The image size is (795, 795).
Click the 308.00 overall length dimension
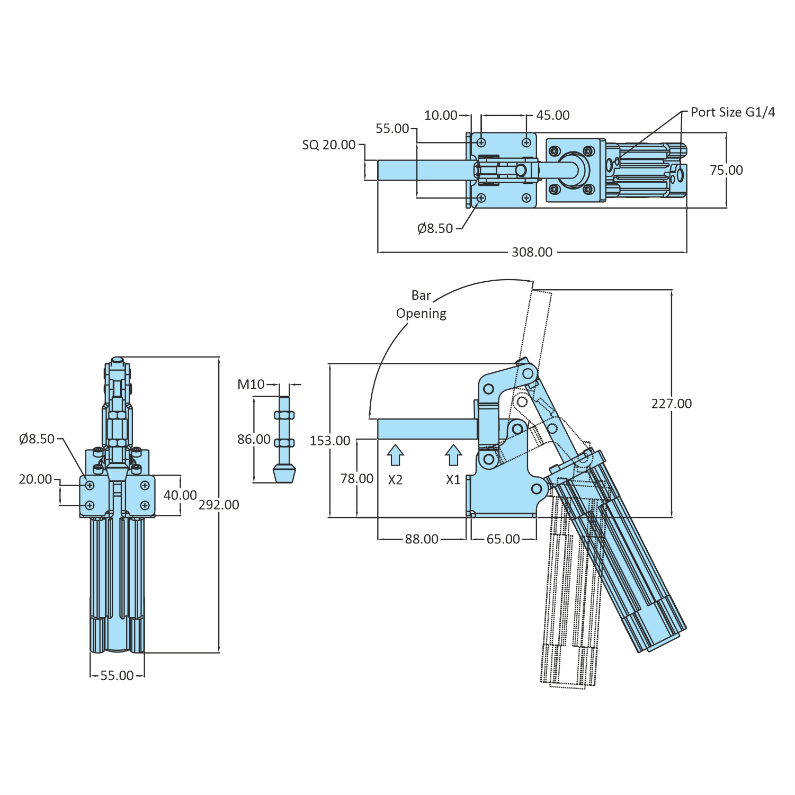click(532, 252)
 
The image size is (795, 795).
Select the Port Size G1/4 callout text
click(733, 112)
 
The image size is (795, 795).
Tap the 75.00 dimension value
click(726, 170)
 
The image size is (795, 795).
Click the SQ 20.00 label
click(329, 145)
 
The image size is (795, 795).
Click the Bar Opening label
click(421, 305)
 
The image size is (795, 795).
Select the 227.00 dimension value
click(671, 404)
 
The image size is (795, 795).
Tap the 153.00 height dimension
click(330, 441)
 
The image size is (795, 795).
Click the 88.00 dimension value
click(422, 539)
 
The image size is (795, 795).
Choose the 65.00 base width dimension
click(503, 539)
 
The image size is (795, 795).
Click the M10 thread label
click(251, 385)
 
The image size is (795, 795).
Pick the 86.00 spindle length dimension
click(254, 439)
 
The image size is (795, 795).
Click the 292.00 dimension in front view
click(219, 505)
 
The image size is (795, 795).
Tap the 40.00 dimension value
click(180, 495)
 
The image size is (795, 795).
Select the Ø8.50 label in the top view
click(435, 228)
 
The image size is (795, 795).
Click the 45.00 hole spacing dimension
click(552, 115)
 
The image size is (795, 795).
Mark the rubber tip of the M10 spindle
click(284, 473)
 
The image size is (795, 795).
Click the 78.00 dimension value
click(357, 479)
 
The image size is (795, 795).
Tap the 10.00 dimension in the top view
click(441, 115)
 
